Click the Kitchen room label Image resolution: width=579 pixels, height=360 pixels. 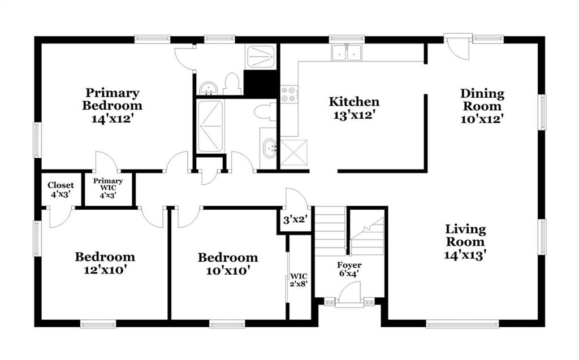tap(354, 102)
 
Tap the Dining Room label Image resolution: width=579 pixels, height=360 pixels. tap(482, 99)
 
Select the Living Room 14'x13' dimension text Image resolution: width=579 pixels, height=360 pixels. tap(465, 255)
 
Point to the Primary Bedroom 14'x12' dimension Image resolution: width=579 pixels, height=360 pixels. tap(113, 119)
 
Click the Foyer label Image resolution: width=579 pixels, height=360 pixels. tap(349, 265)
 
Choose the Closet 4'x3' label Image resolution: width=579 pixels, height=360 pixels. tap(61, 189)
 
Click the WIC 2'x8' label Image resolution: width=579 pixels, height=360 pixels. tap(299, 280)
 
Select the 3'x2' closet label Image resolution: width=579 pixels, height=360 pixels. tap(295, 220)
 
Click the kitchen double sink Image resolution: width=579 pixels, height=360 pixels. tap(347, 53)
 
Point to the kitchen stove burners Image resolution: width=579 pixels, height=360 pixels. tap(288, 94)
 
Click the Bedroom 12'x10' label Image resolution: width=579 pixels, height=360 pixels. tap(105, 263)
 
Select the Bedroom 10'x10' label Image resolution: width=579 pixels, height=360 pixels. tap(228, 264)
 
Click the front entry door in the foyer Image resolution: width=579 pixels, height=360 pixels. tap(349, 294)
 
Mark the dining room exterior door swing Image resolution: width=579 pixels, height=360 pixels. tap(457, 47)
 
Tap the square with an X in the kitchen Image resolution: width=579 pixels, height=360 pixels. tap(294, 152)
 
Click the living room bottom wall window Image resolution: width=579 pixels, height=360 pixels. tap(463, 324)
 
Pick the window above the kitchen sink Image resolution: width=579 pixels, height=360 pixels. tap(347, 38)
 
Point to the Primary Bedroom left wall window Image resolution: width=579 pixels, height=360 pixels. tap(37, 140)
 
